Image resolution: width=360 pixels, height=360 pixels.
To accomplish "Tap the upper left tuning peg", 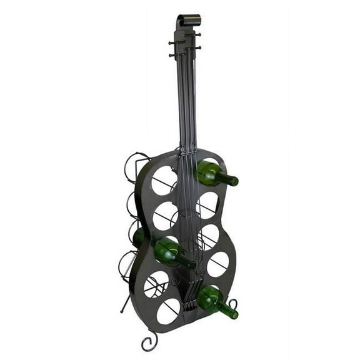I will (171, 42).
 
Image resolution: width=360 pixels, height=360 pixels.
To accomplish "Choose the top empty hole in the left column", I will (164, 180).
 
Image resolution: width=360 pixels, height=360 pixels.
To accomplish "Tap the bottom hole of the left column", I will (168, 311).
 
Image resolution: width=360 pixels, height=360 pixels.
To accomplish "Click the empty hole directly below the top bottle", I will (207, 204).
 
